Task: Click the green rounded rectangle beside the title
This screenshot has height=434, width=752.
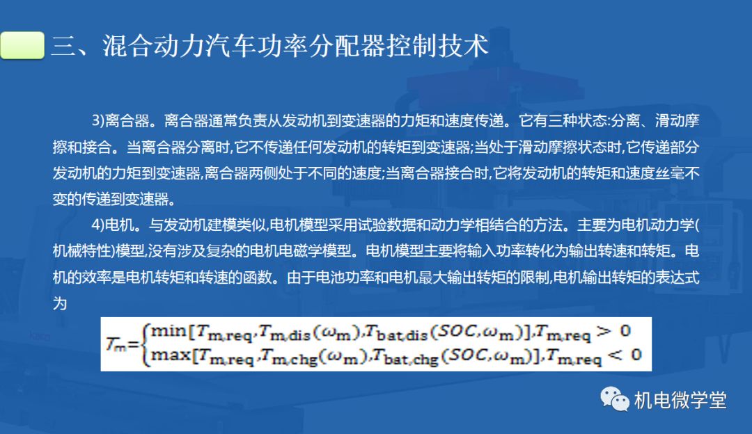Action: pos(22,45)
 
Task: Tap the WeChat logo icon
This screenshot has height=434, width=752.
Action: pos(614,399)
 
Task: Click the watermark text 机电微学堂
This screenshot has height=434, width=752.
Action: pos(680,400)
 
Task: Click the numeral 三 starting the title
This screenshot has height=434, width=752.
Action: pos(63,46)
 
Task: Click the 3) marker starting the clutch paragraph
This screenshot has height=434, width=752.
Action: pos(98,120)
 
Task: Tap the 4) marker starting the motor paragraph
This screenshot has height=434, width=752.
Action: pos(98,225)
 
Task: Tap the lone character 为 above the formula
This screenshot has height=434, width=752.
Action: pos(60,303)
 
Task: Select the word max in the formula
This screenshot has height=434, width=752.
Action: pos(171,355)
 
